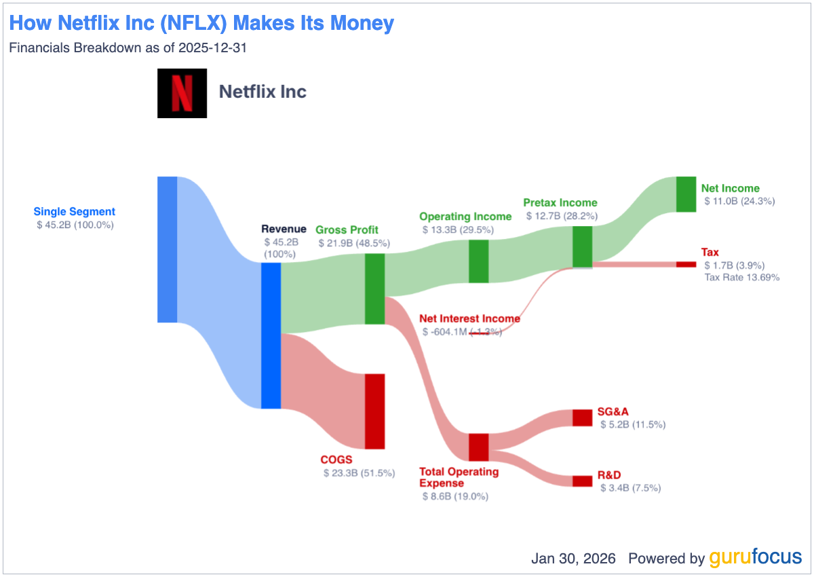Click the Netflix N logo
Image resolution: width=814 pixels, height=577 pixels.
182,93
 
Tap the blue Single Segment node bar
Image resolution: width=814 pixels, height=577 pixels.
167,249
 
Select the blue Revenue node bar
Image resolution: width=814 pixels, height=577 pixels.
271,335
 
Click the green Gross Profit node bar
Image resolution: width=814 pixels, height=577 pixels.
374,288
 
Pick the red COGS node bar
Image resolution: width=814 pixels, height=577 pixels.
374,411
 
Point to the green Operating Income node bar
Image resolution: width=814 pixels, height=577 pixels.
479,261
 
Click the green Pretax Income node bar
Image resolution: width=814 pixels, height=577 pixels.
582,246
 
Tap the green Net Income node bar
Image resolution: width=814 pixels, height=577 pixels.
686,194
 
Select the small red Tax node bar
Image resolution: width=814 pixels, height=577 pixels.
686,264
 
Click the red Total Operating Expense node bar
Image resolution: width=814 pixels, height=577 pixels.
478,447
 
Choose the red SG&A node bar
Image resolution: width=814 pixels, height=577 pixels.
582,417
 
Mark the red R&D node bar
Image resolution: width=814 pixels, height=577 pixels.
582,481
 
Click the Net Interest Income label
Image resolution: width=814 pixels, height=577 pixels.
469,318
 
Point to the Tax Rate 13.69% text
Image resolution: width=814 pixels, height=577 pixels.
741,277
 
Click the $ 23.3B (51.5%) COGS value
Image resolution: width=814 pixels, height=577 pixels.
359,472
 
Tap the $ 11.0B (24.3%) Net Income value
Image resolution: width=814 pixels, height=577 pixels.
738,201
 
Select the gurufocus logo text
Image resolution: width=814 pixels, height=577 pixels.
755,558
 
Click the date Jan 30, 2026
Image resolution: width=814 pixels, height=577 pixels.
573,559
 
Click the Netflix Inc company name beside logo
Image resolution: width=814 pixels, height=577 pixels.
263,92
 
